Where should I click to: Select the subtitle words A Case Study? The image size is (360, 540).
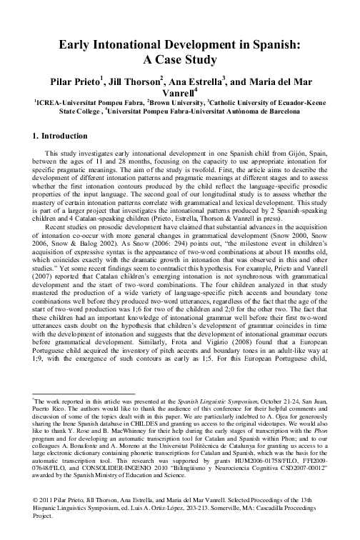(x=179, y=60)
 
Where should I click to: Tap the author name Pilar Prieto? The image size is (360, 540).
(x=89, y=81)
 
